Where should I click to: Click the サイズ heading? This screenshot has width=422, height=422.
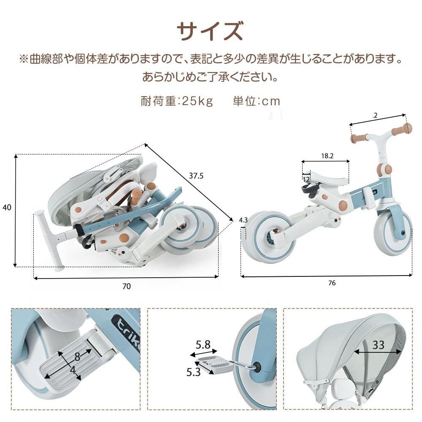pyautogui.click(x=210, y=31)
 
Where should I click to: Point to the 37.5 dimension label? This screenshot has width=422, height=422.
pyautogui.click(x=196, y=176)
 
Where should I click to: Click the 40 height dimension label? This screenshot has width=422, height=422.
pyautogui.click(x=7, y=207)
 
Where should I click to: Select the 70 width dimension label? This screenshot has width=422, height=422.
pyautogui.click(x=127, y=287)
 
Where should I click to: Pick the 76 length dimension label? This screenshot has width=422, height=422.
pyautogui.click(x=332, y=283)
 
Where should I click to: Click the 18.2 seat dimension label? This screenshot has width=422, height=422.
pyautogui.click(x=327, y=156)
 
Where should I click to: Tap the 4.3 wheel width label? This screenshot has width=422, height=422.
pyautogui.click(x=243, y=220)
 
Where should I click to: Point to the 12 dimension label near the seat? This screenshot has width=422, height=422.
pyautogui.click(x=306, y=179)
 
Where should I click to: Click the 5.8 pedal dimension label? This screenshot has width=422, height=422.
pyautogui.click(x=203, y=344)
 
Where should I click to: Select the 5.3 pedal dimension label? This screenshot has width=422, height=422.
pyautogui.click(x=194, y=372)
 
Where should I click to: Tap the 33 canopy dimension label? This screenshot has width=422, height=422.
pyautogui.click(x=378, y=345)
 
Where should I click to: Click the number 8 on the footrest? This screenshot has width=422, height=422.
pyautogui.click(x=77, y=357)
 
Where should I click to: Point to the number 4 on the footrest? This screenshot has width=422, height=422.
pyautogui.click(x=73, y=371)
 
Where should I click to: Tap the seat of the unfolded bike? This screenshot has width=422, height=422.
pyautogui.click(x=327, y=179)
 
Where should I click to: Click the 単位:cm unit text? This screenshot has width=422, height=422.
pyautogui.click(x=256, y=101)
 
